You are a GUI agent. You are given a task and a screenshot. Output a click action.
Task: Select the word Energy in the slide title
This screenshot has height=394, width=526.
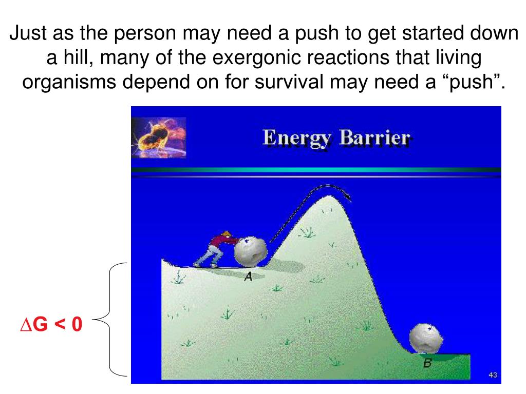coord(296,138)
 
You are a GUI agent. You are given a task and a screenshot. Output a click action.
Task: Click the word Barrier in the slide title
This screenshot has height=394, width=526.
coord(374,137)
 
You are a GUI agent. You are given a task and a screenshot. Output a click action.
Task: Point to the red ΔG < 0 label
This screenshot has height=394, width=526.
coord(51,324)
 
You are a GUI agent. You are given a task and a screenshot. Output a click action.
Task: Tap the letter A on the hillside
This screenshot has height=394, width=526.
coord(248,277)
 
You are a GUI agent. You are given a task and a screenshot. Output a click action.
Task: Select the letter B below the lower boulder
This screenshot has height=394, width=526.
coord(427,363)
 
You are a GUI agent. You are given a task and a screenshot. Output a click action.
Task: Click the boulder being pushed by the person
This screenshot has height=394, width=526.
coord(250,251)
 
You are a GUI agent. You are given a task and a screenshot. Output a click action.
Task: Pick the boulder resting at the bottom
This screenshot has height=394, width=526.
coord(426,339)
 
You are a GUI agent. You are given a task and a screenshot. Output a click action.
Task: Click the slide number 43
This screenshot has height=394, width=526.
coord(493,375)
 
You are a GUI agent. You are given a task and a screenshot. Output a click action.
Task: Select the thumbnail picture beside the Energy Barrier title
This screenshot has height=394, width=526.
coord(159,137)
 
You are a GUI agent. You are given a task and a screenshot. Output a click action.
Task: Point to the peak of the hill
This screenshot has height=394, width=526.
coord(329,196)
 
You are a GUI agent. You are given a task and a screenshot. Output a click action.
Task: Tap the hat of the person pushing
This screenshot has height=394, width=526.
coord(226,233)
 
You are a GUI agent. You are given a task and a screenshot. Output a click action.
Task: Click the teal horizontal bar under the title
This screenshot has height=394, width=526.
coord(316,170)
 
